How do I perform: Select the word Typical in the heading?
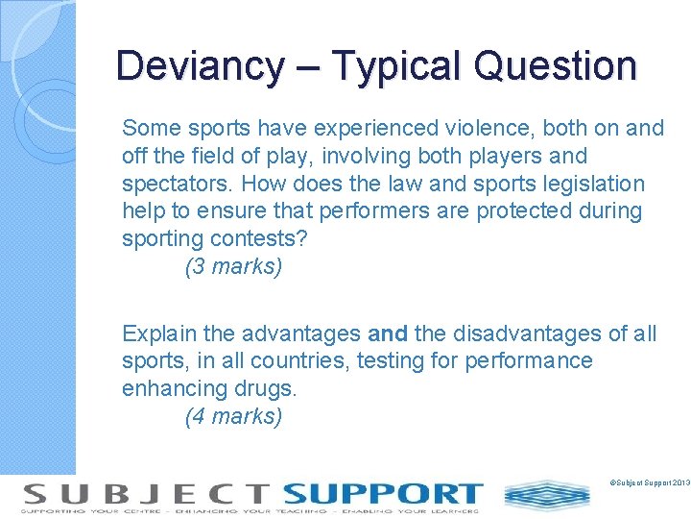click(395, 66)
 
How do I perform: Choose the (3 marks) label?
click(233, 267)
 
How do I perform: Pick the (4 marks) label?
click(233, 416)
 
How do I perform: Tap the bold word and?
click(388, 334)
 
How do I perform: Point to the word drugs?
click(270, 388)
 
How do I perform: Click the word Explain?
click(159, 334)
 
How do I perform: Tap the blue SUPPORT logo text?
click(383, 494)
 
